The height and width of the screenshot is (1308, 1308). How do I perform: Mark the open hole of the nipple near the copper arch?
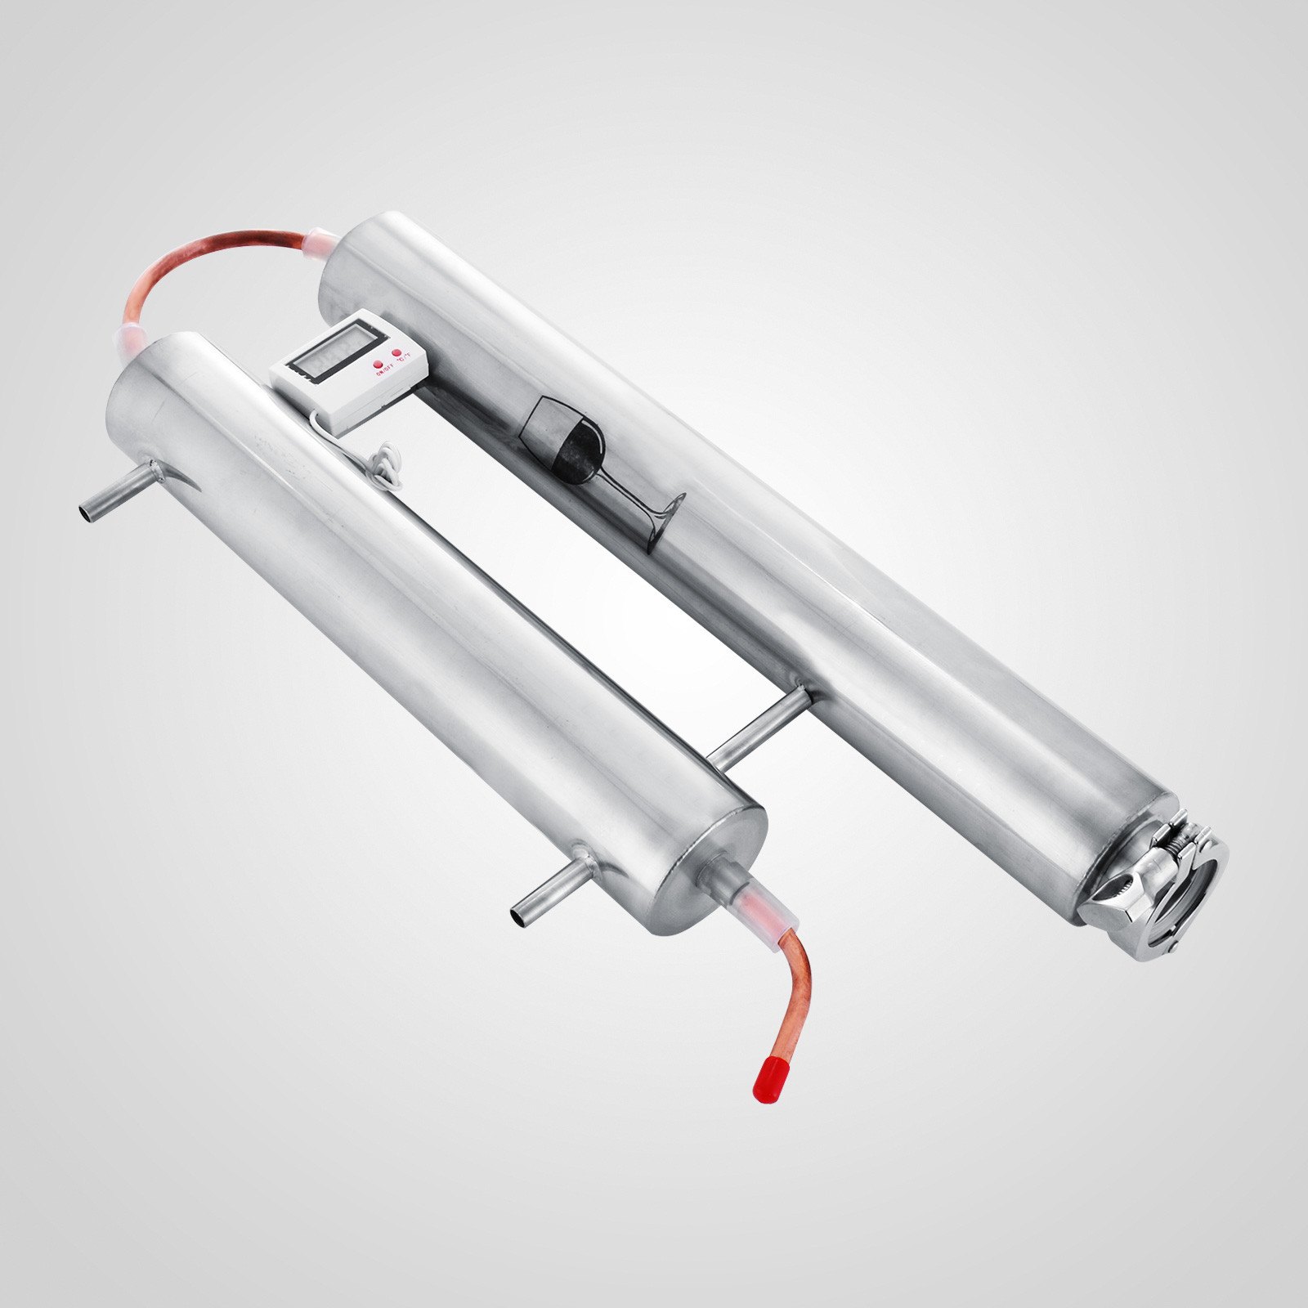85,514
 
